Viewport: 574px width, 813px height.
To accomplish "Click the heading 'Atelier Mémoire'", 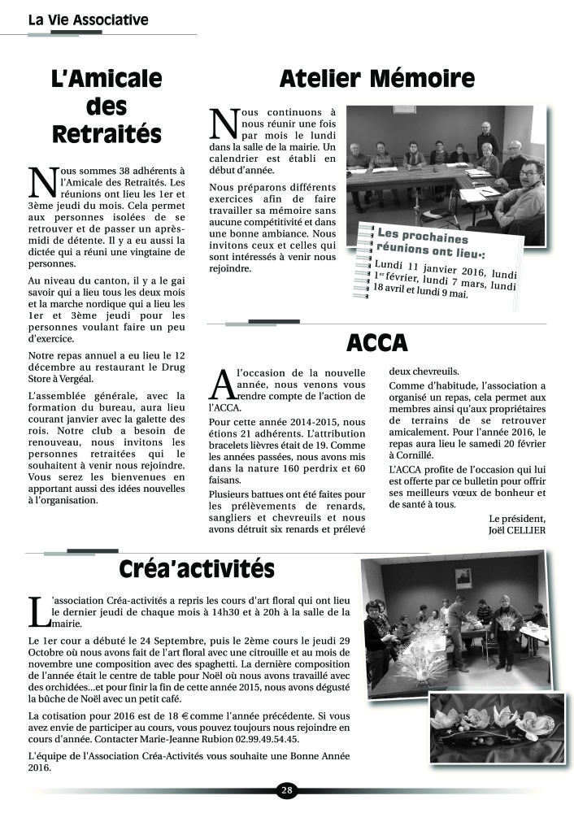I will coord(376,79).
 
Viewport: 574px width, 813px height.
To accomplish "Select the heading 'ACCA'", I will coord(376,343).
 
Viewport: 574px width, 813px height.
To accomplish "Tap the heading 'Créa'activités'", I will coord(197,567).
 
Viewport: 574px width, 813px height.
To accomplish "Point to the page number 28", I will coord(287,789).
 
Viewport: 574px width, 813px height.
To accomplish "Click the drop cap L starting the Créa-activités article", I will coord(37,611).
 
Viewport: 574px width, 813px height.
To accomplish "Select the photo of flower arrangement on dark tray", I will coord(497,728).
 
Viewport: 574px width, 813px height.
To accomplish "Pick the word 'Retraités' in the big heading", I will coord(107,133).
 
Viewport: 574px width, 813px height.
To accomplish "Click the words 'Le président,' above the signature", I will coord(517,518).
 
